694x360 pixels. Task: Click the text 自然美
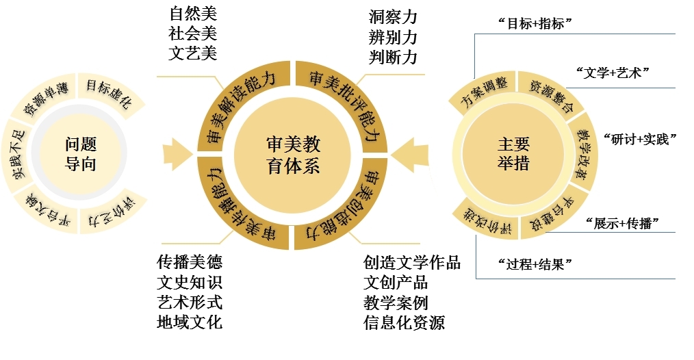point(192,14)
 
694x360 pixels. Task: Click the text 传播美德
point(190,262)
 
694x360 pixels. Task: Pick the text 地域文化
point(190,322)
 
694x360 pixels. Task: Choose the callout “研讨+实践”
point(639,138)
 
